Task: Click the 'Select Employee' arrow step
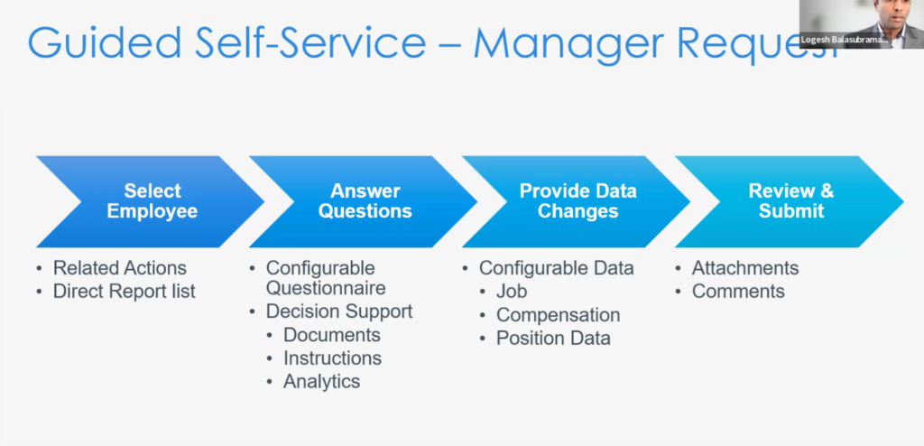click(x=152, y=200)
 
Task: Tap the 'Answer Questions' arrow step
click(x=365, y=200)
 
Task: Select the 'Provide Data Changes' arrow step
click(x=577, y=200)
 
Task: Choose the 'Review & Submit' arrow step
click(x=790, y=200)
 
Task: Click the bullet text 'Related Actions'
click(x=119, y=268)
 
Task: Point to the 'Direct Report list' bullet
click(x=124, y=291)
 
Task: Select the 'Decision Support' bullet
click(x=338, y=311)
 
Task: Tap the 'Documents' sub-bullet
click(x=331, y=335)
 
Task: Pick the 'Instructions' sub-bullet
click(x=332, y=358)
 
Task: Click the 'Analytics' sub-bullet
click(x=321, y=382)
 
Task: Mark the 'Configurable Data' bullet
click(x=556, y=268)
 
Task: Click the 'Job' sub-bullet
click(x=512, y=292)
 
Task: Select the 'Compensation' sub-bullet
click(x=558, y=315)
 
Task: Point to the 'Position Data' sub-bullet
click(x=553, y=339)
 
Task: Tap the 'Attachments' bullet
click(x=744, y=268)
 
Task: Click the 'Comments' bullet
click(x=738, y=291)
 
